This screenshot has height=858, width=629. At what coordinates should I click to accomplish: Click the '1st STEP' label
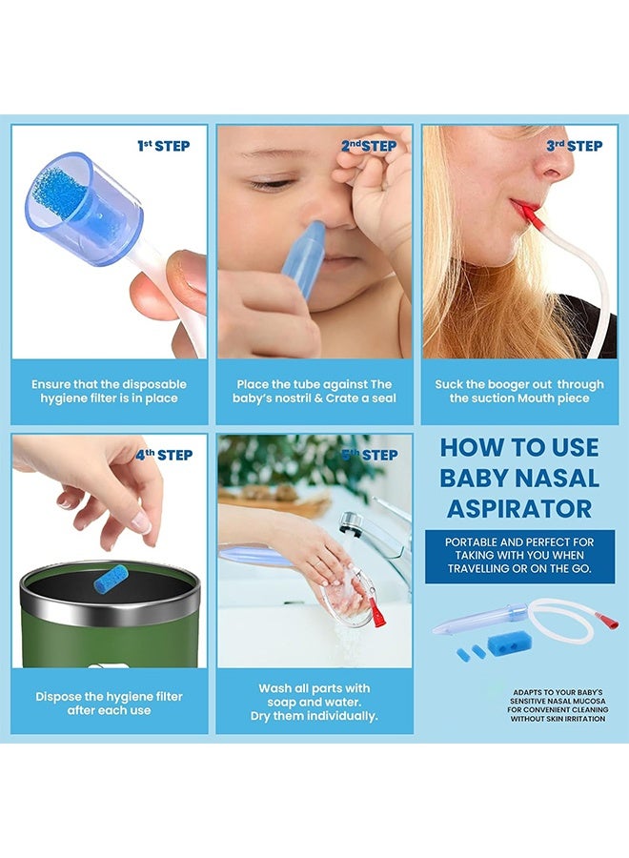[163, 146]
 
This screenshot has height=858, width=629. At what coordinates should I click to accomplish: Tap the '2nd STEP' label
[369, 146]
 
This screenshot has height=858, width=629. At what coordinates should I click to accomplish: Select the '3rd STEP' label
[575, 146]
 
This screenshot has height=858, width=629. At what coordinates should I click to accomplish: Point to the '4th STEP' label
[163, 455]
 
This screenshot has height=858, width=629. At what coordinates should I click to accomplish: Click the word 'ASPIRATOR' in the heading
[518, 508]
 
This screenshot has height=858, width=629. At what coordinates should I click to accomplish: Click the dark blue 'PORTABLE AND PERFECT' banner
[518, 555]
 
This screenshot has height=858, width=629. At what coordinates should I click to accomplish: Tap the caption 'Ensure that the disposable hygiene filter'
[109, 391]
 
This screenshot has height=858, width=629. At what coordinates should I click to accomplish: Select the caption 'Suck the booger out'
[519, 391]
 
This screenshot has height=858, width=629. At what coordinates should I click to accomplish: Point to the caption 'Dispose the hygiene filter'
[109, 704]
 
